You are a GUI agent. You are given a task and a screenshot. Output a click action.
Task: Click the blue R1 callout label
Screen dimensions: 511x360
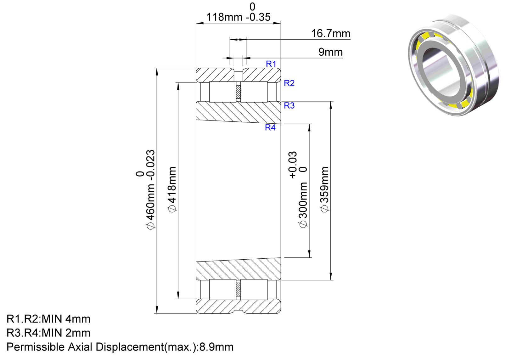click(x=271, y=64)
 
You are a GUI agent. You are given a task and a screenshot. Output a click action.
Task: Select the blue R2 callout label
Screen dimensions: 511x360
click(x=289, y=83)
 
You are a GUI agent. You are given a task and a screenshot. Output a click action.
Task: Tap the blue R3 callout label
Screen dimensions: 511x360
click(x=289, y=106)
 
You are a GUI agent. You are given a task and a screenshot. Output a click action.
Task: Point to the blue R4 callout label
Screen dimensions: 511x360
click(x=270, y=127)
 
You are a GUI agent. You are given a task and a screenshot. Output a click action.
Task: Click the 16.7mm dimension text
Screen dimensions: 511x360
click(x=331, y=34)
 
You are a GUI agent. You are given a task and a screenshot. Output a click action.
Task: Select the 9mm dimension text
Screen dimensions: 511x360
click(x=331, y=52)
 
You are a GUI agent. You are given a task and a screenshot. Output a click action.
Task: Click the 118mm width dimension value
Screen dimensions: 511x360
click(x=224, y=17)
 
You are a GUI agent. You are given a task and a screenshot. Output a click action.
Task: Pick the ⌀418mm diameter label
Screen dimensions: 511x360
click(x=172, y=189)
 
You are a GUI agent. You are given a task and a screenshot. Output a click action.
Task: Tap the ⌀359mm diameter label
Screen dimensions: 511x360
click(x=325, y=189)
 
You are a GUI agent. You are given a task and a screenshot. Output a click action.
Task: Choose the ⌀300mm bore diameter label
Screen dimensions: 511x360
click(x=303, y=205)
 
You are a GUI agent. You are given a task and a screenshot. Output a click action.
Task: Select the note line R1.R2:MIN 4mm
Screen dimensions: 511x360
click(x=48, y=319)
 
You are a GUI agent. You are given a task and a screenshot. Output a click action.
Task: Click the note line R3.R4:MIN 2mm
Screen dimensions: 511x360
click(x=48, y=333)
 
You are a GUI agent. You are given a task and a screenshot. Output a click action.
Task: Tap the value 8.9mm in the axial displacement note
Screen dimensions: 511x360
click(x=216, y=347)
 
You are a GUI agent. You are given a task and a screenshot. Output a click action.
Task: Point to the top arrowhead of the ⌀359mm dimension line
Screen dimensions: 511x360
click(x=331, y=105)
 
